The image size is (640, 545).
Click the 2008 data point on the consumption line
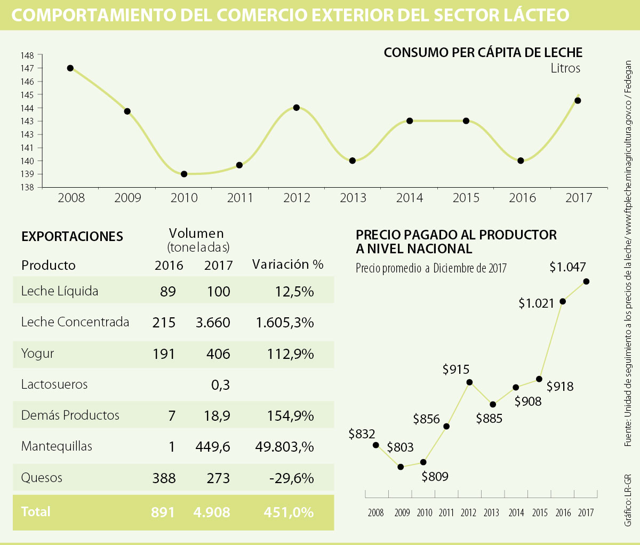pos(70,68)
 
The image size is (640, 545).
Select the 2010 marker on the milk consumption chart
pos(184,174)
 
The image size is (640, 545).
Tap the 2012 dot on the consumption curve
pos(297,108)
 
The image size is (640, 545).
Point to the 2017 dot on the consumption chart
pos(578,101)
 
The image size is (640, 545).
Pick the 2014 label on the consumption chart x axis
pos(410,198)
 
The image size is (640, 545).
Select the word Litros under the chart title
pos(565,68)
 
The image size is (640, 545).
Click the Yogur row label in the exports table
pos(37,354)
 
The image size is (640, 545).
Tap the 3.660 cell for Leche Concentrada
pos(213,323)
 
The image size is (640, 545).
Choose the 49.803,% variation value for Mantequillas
pos(284,447)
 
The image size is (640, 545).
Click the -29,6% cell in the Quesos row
pos(291,478)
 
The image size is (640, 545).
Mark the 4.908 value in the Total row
pos(212,512)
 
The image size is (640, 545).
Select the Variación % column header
pos(288,265)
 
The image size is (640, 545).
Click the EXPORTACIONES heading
pos(72,237)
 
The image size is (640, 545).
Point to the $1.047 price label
pos(567,267)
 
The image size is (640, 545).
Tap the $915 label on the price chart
pos(455,370)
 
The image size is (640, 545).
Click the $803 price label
pos(400,447)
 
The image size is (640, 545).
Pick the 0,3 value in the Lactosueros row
pos(220,384)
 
